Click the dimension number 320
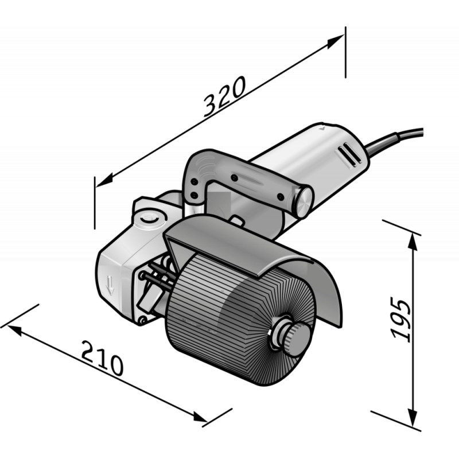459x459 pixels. (x=224, y=96)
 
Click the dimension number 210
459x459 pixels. (x=102, y=357)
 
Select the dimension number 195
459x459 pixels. (x=401, y=318)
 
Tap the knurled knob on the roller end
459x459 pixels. (x=295, y=340)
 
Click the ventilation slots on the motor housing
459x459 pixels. (x=350, y=155)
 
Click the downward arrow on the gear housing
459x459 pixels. (x=110, y=285)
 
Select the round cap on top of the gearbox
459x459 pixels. (x=150, y=219)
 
